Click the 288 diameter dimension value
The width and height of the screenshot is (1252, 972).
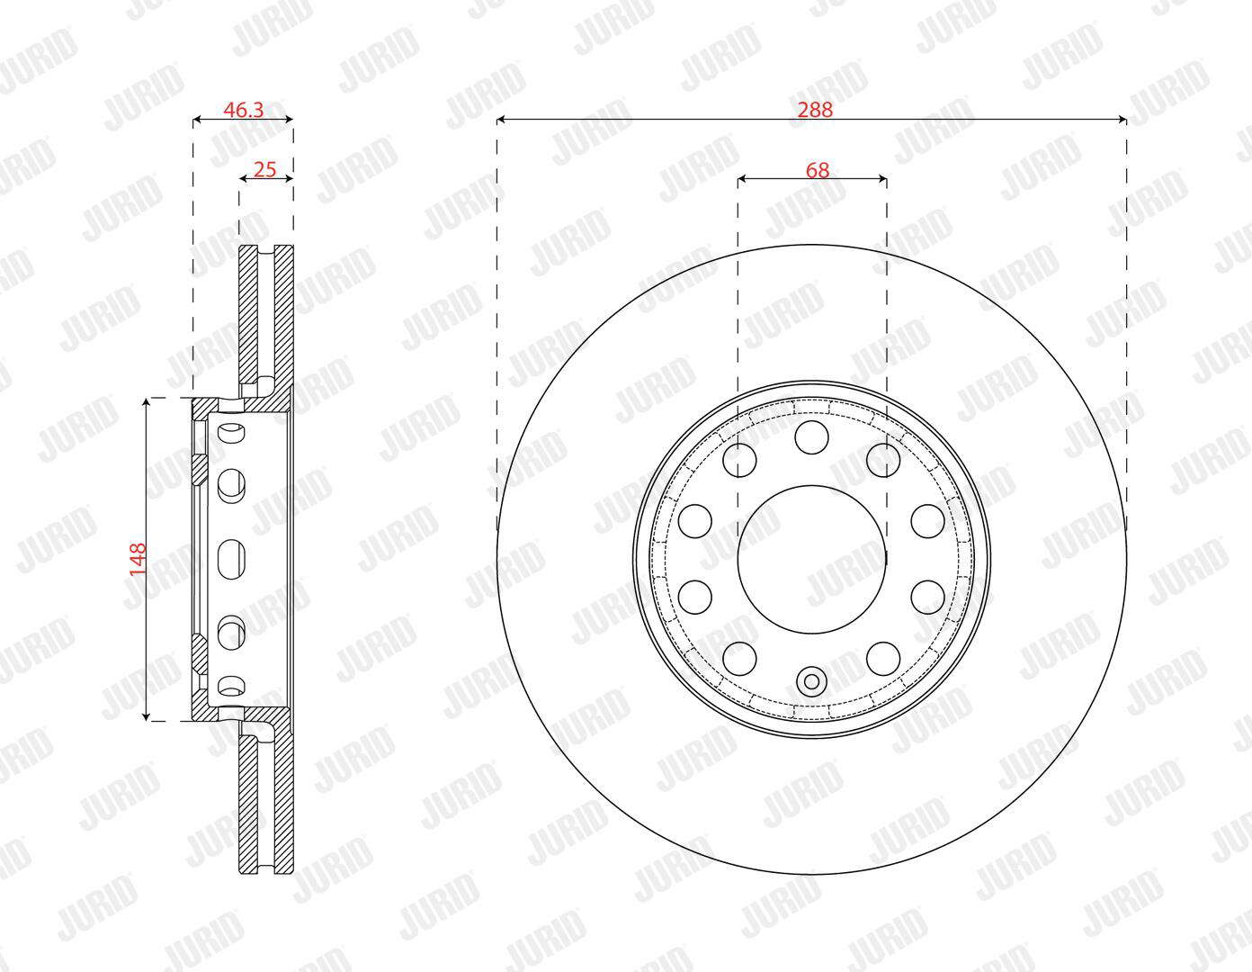[815, 110]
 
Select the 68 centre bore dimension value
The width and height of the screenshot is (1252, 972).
[817, 170]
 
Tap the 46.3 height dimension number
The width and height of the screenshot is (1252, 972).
[243, 110]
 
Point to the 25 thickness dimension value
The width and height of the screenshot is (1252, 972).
[265, 169]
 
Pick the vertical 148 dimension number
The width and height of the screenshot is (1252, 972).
[138, 559]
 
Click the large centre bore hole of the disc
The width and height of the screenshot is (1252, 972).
[811, 559]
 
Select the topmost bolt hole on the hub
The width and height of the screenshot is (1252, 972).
[811, 437]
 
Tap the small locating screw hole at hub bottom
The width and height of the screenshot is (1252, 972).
[811, 682]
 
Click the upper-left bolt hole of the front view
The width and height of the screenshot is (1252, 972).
[739, 460]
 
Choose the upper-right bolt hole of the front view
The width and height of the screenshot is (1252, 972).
[883, 460]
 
